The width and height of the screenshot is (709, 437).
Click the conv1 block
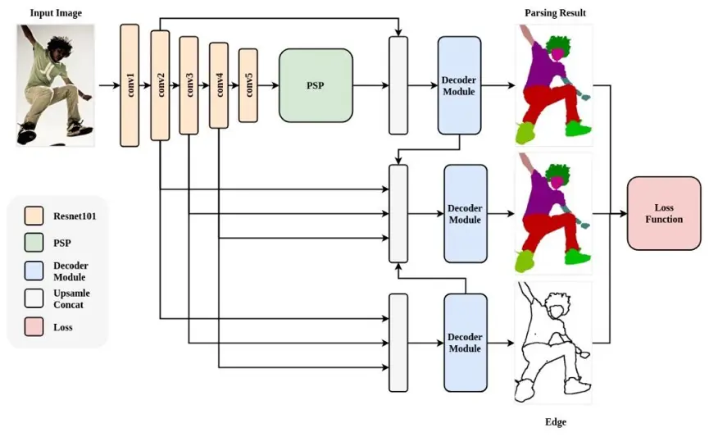click(130, 85)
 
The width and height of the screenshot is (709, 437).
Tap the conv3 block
click(189, 85)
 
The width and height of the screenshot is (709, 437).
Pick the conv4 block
click(219, 85)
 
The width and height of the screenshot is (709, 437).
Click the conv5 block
click(248, 85)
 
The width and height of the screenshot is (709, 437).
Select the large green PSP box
click(316, 85)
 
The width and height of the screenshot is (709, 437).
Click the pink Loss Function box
click(663, 213)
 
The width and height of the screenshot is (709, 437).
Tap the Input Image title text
click(56, 13)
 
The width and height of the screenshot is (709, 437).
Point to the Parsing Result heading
click(555, 13)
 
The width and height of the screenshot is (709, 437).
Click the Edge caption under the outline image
click(555, 422)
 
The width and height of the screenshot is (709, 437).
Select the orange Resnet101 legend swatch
click(34, 216)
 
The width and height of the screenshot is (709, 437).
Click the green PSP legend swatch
click(34, 244)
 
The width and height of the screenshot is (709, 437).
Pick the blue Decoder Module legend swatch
click(34, 271)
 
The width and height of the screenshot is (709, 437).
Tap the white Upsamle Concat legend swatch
click(34, 299)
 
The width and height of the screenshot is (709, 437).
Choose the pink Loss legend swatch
click(34, 326)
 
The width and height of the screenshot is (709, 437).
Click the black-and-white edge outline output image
click(553, 342)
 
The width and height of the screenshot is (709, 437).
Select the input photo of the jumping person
click(56, 84)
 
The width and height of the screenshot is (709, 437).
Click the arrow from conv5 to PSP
click(269, 85)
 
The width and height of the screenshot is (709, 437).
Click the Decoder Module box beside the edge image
click(465, 343)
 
